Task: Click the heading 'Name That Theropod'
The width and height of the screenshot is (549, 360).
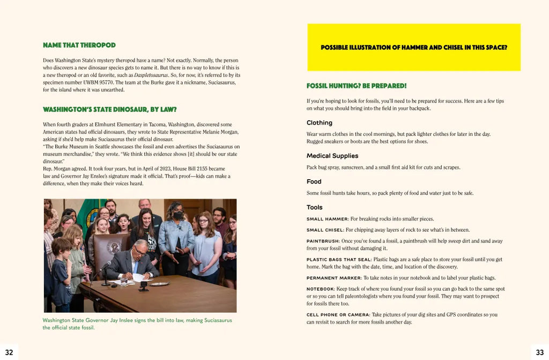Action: point(79,45)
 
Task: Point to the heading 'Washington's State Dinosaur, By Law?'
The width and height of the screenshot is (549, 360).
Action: point(110,109)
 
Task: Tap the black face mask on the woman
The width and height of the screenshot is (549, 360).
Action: point(177,216)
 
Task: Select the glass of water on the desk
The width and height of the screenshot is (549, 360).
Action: point(124,280)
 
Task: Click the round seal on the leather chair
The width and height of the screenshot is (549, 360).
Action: point(113,246)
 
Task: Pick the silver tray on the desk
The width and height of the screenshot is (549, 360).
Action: point(159,283)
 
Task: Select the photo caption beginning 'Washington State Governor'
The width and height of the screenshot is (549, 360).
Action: point(137,324)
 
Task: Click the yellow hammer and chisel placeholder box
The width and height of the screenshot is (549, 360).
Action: point(414,47)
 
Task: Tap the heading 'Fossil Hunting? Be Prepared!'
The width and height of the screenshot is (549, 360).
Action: point(357,86)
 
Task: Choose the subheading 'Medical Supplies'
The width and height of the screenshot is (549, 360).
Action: point(332,156)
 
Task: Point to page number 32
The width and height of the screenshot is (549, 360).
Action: point(9,352)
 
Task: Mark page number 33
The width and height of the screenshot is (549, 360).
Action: point(539,352)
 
